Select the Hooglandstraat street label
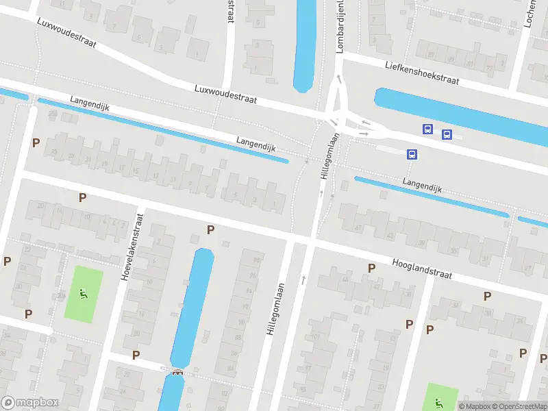pos(423,268)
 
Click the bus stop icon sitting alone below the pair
pos(412,154)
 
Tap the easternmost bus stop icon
pos(447,134)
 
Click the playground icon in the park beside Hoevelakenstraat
pos(84,295)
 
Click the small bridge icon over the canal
pos(178,372)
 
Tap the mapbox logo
pos(30,403)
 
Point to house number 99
pos(258,260)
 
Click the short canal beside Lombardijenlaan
pos(304,45)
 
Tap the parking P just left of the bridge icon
pos(136,355)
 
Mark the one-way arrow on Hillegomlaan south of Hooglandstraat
pos(303,279)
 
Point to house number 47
pos(358,227)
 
